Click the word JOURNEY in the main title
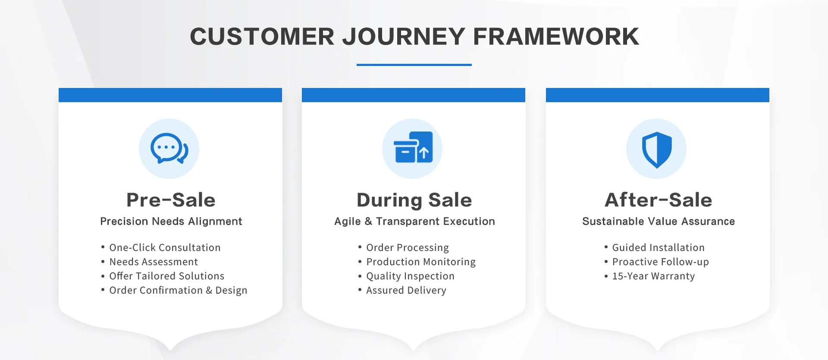click(404, 37)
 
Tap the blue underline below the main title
click(414, 65)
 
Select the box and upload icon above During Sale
click(413, 147)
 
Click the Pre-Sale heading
click(171, 200)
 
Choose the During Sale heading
click(414, 200)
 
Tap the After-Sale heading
click(658, 200)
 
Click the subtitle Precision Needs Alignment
click(171, 222)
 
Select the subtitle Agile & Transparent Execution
click(414, 222)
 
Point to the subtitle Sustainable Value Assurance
click(658, 222)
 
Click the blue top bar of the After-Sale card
click(658, 95)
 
